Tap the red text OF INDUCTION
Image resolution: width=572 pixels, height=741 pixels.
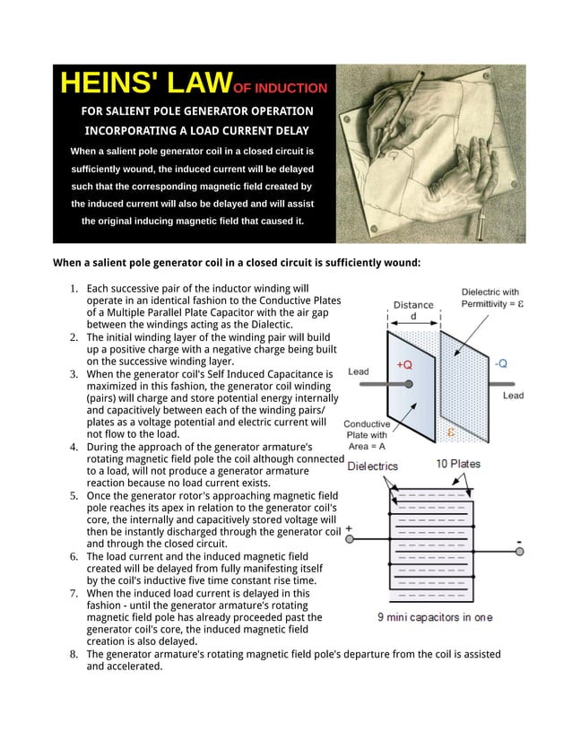point(280,89)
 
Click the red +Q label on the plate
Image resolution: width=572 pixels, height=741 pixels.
point(403,365)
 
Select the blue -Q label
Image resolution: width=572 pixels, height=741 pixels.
point(500,363)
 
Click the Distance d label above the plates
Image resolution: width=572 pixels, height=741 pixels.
point(412,310)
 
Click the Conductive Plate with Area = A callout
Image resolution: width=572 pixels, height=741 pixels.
point(367,435)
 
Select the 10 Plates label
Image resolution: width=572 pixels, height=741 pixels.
point(457,464)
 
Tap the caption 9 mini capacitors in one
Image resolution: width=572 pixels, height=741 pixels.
point(434,617)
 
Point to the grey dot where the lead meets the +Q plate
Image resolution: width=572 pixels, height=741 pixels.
point(409,384)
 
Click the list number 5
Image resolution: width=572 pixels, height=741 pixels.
point(74,495)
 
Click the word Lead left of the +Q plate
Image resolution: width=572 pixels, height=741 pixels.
point(358,371)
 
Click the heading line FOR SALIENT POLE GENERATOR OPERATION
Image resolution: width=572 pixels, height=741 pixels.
point(196,111)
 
